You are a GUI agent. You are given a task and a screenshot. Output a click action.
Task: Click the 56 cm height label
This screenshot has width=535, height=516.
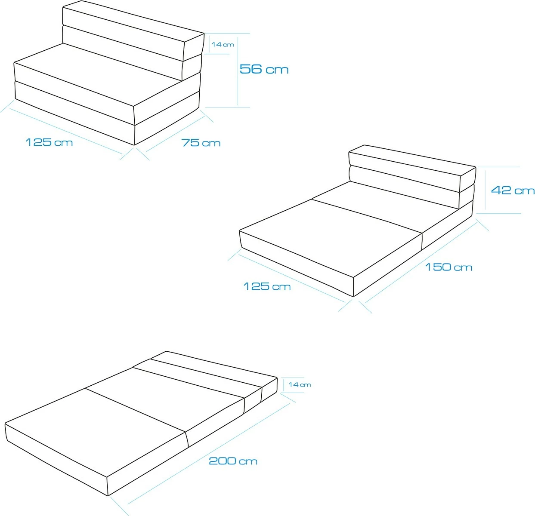tap(264, 69)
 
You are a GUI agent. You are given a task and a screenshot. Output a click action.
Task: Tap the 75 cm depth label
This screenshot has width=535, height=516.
tap(201, 143)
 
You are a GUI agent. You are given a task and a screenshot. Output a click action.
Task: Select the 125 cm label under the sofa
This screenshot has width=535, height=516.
tap(49, 142)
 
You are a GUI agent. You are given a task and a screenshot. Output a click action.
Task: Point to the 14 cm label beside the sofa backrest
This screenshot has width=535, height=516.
tap(223, 44)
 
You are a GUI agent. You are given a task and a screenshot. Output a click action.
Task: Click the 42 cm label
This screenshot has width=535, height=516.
tap(513, 190)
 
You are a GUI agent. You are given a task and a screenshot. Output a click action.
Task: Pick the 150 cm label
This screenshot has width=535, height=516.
tap(448, 267)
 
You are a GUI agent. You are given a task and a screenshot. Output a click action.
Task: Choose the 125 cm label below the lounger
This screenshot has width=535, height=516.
tap(267, 286)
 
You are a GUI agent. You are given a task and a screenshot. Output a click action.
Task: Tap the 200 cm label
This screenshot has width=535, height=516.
tap(233, 461)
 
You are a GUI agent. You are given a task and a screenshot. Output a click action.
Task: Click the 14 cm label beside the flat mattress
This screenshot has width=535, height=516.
tap(300, 384)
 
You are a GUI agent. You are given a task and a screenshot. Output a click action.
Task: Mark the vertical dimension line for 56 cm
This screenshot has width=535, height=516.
tap(238, 71)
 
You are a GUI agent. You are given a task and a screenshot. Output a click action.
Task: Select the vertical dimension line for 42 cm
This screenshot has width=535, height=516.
tap(486, 190)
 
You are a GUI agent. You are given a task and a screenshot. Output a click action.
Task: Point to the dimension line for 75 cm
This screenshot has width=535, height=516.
tap(176, 134)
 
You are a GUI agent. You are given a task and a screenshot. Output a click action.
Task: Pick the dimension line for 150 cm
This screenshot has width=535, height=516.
tap(421, 263)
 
